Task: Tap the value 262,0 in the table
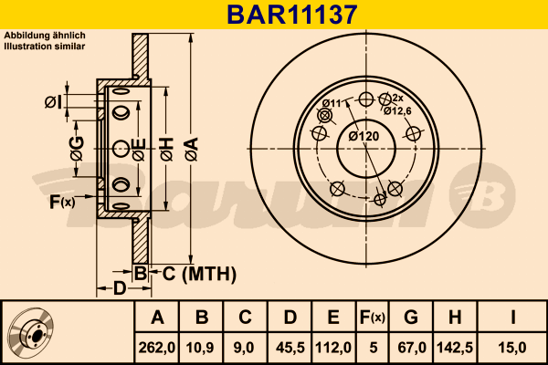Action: (x=157, y=347)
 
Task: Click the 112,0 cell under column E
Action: (x=333, y=347)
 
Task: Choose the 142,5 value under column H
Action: (x=454, y=347)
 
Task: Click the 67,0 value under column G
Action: (x=410, y=347)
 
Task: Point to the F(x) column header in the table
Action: (x=373, y=318)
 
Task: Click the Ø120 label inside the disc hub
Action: (x=364, y=137)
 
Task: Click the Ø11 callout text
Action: (x=331, y=102)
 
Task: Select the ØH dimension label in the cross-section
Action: (x=166, y=149)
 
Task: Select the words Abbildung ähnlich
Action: (x=45, y=35)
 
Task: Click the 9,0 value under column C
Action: (x=245, y=347)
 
